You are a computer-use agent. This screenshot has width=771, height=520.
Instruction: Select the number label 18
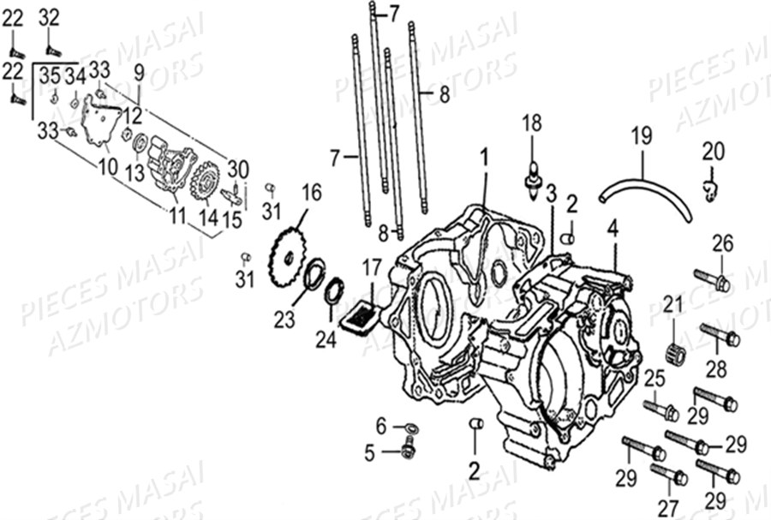pos(532,123)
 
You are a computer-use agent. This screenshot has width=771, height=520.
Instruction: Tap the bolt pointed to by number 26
pos(711,279)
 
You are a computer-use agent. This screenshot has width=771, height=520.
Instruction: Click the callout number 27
pos(667,506)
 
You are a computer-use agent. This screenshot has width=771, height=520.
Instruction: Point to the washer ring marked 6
pos(409,427)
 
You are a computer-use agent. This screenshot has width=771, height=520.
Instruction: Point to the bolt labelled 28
pos(720,335)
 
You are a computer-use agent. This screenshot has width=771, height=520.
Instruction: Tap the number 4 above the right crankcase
pos(613,228)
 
